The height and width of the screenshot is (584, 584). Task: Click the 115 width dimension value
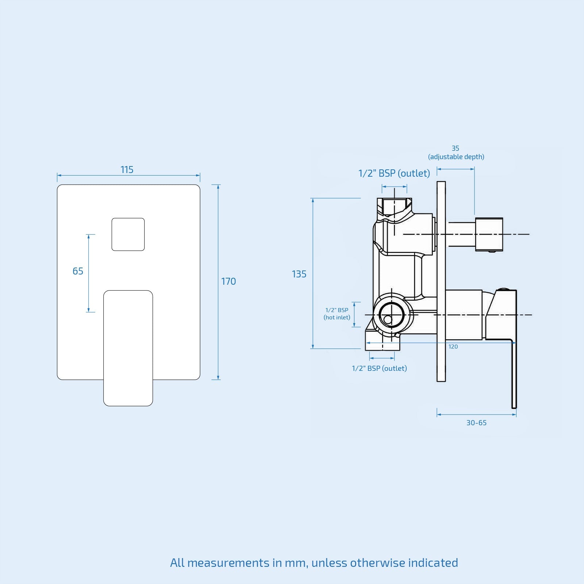pyautogui.click(x=127, y=170)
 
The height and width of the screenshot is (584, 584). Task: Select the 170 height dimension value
pyautogui.click(x=228, y=281)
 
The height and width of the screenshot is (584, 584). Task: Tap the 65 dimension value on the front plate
pyautogui.click(x=78, y=271)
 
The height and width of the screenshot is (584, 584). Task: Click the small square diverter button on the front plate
pyautogui.click(x=128, y=234)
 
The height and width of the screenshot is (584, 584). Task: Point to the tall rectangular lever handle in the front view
pyautogui.click(x=128, y=348)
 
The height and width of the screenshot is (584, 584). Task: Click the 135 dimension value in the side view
pyautogui.click(x=299, y=274)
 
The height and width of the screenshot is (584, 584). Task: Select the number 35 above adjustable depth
pyautogui.click(x=456, y=148)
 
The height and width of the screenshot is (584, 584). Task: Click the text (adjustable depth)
pyautogui.click(x=456, y=157)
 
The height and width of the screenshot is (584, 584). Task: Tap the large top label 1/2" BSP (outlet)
pyautogui.click(x=394, y=173)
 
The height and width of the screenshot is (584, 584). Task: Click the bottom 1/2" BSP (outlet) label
pyautogui.click(x=379, y=368)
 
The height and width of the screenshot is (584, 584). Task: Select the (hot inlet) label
pyautogui.click(x=337, y=318)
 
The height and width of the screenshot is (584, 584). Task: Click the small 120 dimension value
pyautogui.click(x=453, y=347)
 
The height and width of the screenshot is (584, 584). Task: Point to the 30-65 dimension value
pyautogui.click(x=476, y=423)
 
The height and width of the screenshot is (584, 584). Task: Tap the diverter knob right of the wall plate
pyautogui.click(x=489, y=234)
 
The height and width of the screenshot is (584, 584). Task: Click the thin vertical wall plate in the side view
pyautogui.click(x=441, y=281)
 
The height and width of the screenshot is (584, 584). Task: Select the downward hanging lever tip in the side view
pyautogui.click(x=514, y=394)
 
